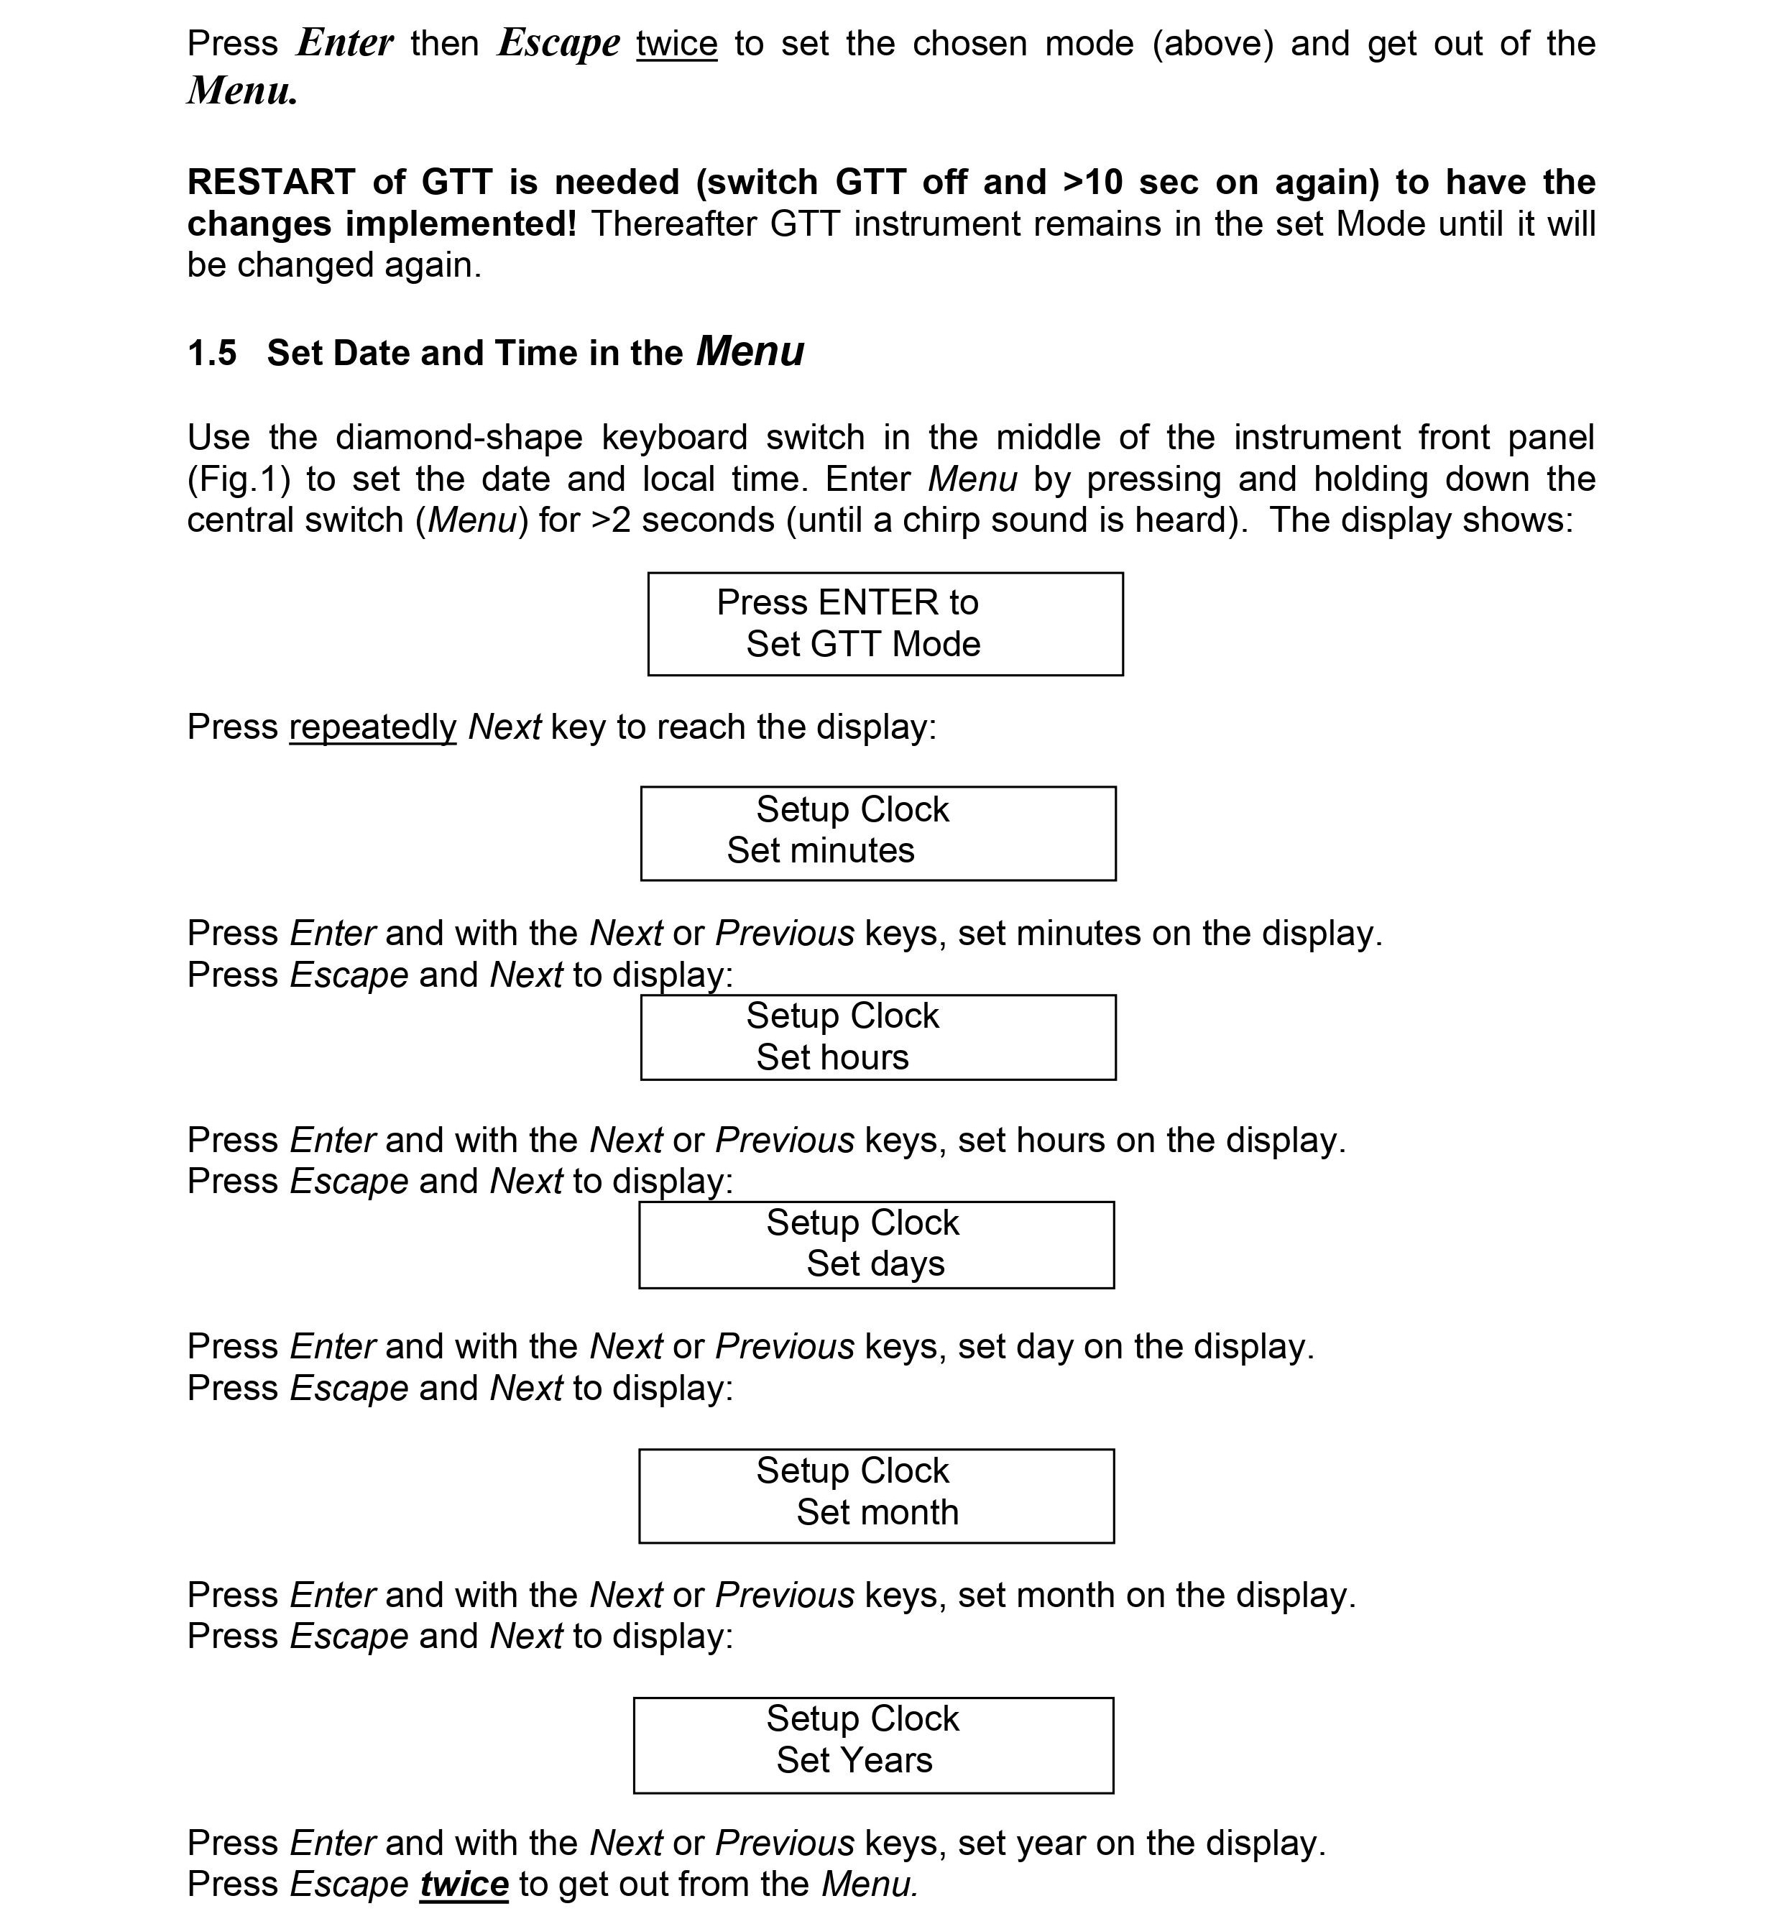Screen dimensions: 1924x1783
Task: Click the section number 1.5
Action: coord(211,353)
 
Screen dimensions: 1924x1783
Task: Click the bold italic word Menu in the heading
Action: coord(750,351)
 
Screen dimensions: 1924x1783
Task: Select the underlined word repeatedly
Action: coord(372,727)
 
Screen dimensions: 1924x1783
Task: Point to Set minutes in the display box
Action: coord(820,850)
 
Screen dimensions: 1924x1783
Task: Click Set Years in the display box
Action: coord(854,1760)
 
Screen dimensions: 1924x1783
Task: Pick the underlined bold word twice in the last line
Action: coord(464,1884)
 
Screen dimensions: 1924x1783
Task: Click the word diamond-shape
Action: coord(459,437)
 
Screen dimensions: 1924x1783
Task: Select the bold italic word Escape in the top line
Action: coord(558,43)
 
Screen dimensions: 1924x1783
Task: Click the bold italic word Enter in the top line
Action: coord(344,43)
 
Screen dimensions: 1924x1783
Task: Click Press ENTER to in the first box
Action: coord(847,602)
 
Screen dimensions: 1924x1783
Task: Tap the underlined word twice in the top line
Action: coord(676,43)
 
